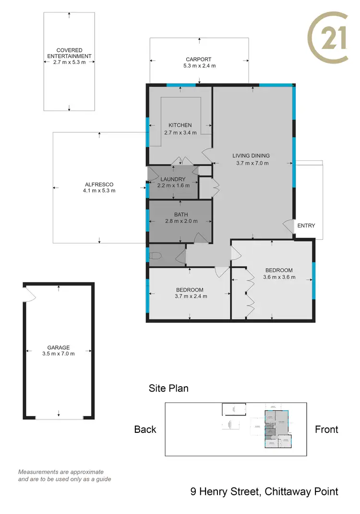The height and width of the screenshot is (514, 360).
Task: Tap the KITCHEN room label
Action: click(x=180, y=125)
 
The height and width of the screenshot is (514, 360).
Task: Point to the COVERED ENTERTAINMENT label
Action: click(x=69, y=53)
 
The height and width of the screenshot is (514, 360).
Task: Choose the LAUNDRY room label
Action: click(x=173, y=179)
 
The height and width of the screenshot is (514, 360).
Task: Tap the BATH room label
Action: click(x=181, y=215)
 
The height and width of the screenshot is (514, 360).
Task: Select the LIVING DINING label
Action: click(x=251, y=156)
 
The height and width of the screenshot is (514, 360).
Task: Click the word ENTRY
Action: click(x=306, y=225)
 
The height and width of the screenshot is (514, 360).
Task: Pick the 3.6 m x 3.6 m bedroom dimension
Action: click(x=279, y=277)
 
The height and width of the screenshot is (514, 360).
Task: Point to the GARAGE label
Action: click(x=58, y=347)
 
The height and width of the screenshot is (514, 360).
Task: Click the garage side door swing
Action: click(x=30, y=294)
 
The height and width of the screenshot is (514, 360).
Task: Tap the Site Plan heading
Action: click(x=168, y=388)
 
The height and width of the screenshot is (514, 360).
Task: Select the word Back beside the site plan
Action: click(x=145, y=429)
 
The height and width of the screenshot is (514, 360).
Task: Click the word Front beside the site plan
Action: click(x=326, y=429)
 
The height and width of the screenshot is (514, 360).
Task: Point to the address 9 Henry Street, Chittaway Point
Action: click(x=264, y=491)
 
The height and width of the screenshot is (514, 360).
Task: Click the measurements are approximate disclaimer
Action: click(x=64, y=476)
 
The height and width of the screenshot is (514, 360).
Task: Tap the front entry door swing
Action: click(x=288, y=227)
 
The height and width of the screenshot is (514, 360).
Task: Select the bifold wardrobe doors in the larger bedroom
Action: click(x=249, y=293)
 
